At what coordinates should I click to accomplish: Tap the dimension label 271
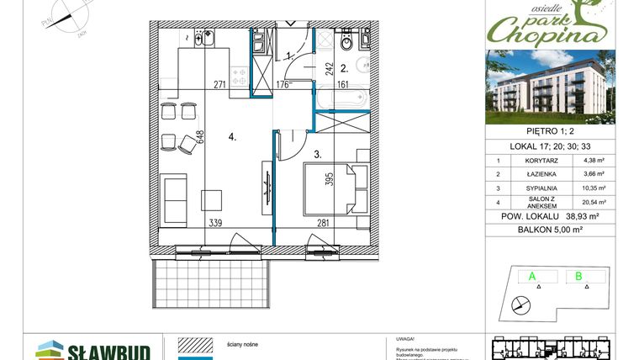219,84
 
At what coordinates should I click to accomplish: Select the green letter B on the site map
578,275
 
